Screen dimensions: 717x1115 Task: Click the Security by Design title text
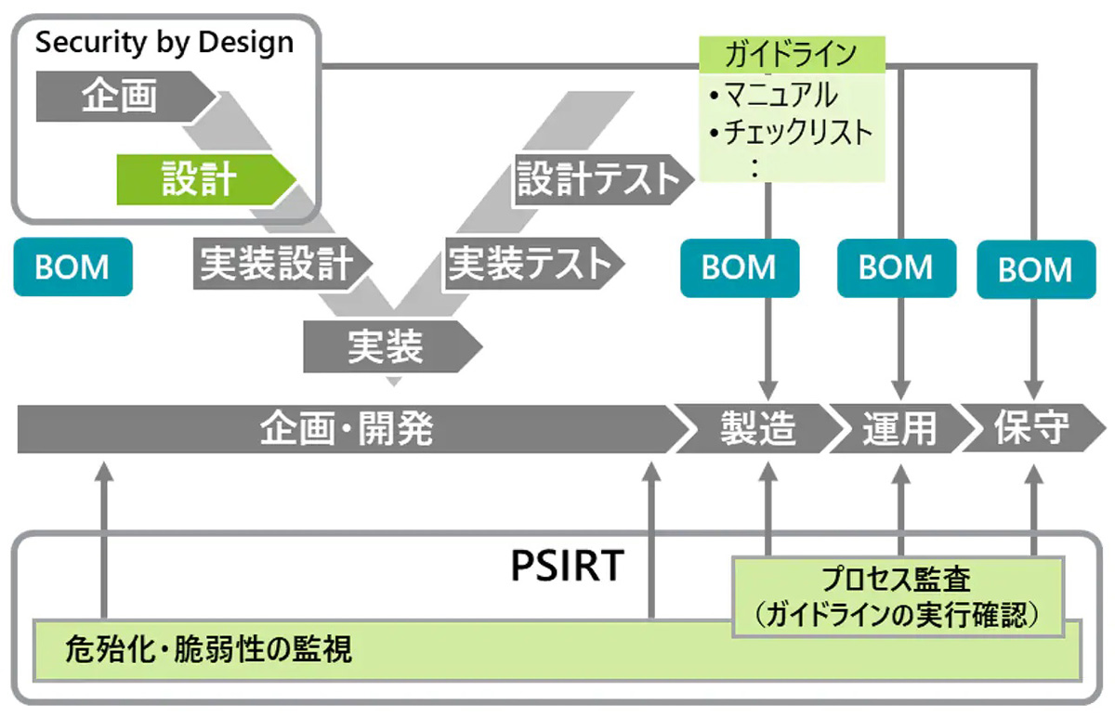[164, 43]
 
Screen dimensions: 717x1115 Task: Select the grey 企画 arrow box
[121, 97]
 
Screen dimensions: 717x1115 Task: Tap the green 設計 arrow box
[200, 178]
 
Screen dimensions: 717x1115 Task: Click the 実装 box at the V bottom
[386, 348]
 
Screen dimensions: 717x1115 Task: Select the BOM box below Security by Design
[72, 267]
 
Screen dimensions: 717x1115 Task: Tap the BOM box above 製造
[739, 267]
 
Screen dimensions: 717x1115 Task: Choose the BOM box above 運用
[896, 267]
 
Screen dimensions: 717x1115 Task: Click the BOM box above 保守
[1034, 269]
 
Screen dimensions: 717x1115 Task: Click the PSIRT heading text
[567, 567]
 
